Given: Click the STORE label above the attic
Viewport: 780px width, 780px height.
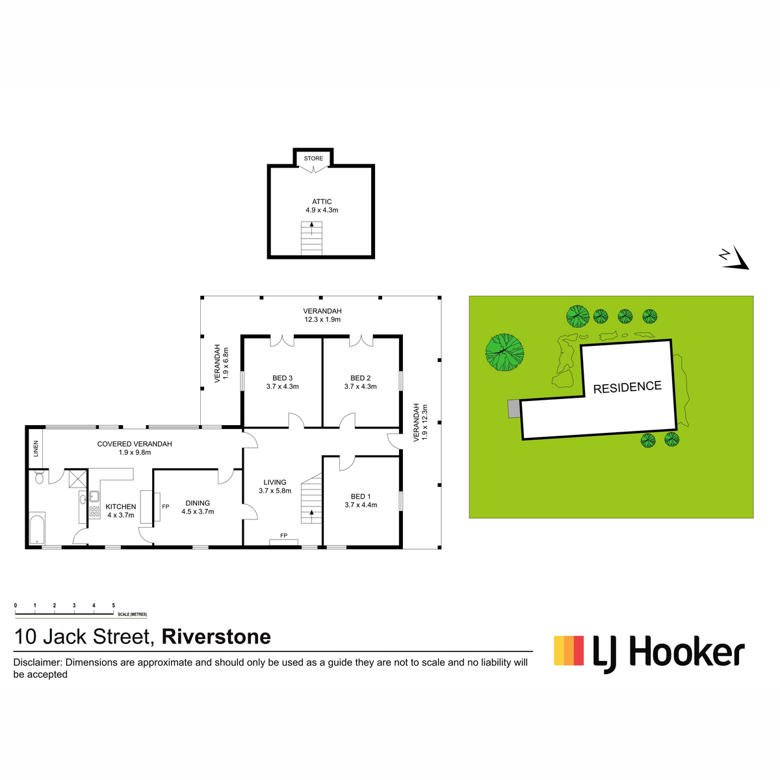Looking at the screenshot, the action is [313, 158].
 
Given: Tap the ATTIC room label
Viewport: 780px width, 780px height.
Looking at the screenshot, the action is [322, 201].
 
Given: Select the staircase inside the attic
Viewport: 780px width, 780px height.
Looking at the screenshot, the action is [311, 238].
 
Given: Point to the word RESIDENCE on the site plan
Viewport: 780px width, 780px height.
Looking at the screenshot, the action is [627, 387].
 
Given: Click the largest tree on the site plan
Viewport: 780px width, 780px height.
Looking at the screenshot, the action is [505, 352].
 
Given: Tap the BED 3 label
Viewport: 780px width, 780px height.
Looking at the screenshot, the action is [282, 378].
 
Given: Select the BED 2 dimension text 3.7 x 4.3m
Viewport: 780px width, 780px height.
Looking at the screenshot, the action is [360, 387].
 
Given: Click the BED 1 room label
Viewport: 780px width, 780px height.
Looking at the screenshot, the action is [360, 496].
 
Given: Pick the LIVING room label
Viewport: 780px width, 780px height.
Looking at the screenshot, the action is [275, 482].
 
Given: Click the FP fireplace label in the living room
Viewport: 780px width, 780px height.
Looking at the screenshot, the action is [284, 536].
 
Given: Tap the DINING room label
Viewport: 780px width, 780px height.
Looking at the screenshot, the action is [198, 503].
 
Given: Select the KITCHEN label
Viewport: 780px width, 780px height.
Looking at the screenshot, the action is [121, 507].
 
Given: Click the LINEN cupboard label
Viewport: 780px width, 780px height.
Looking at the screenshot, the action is [36, 448].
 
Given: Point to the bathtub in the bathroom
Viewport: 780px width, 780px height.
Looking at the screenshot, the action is [37, 528].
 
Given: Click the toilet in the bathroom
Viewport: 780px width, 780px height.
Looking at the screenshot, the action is [39, 477].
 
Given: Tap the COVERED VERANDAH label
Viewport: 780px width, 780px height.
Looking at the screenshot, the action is [135, 444].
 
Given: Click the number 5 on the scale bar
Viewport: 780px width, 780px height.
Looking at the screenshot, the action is [113, 606].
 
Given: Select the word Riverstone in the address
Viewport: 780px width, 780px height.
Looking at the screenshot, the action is [216, 637].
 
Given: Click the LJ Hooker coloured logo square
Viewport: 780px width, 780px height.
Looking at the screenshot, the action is [569, 651].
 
